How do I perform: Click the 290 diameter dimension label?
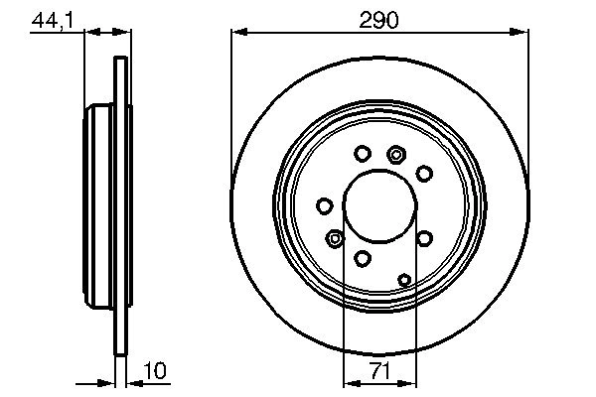click(x=379, y=19)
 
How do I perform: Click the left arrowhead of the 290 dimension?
click(x=238, y=33)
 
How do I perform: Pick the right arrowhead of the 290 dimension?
click(x=521, y=33)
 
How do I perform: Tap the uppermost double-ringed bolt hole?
click(x=397, y=153)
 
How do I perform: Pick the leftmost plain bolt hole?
click(x=324, y=205)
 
